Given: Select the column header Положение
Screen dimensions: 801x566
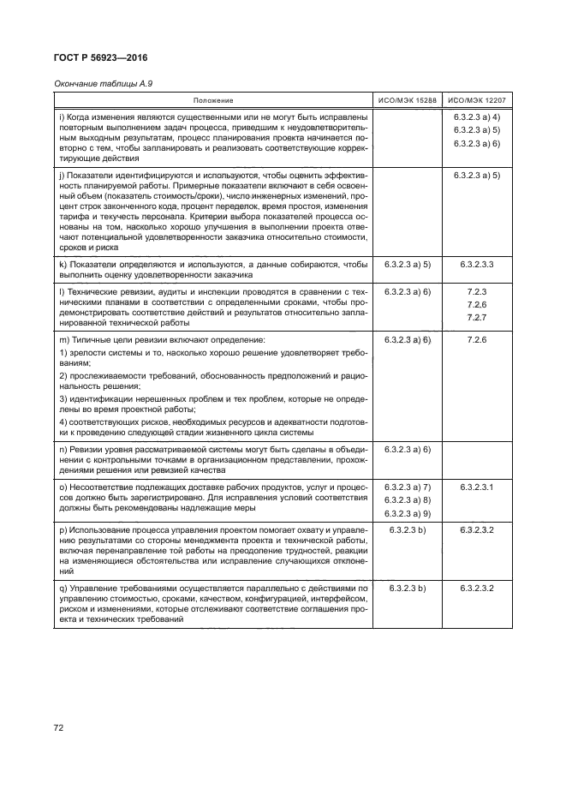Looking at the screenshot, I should (x=212, y=101).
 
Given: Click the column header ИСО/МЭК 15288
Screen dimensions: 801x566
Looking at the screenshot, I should (x=408, y=101).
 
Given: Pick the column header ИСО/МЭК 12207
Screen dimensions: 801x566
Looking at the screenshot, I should (x=477, y=101).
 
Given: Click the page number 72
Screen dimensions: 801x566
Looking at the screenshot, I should (x=60, y=728).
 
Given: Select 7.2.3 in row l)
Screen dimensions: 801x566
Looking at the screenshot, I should (x=477, y=293).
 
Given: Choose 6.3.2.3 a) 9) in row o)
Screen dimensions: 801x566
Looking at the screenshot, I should (x=408, y=512).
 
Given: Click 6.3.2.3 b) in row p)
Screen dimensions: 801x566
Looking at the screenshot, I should (x=408, y=531).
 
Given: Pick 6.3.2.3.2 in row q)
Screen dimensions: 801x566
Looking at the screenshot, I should (x=477, y=589).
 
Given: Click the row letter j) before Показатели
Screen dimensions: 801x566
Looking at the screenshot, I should (x=60, y=173).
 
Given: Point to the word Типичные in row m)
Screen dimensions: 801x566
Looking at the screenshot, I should (x=91, y=341).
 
